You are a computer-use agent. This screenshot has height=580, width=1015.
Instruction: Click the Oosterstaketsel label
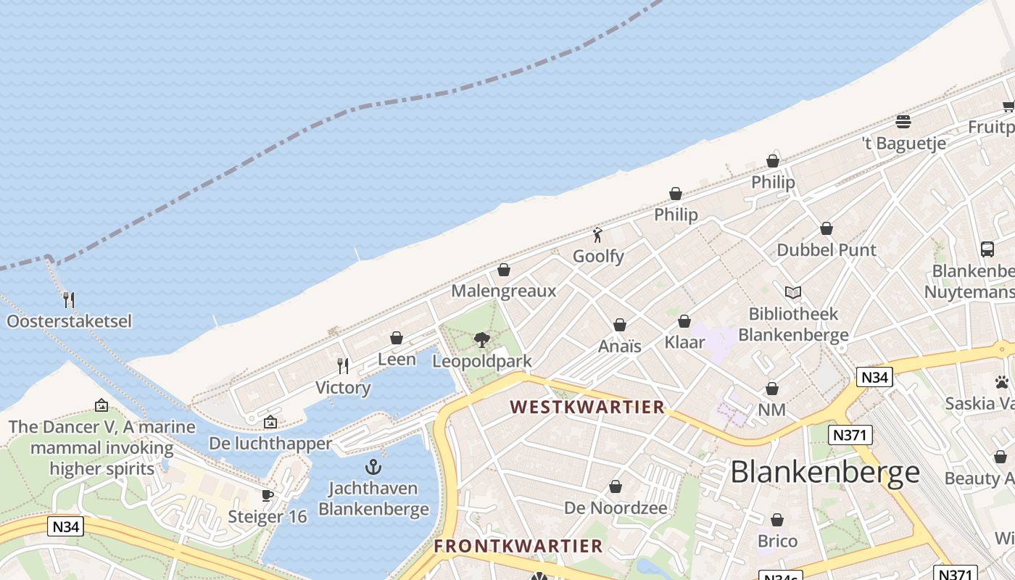click(70, 320)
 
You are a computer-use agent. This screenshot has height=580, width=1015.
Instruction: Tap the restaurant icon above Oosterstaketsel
click(69, 299)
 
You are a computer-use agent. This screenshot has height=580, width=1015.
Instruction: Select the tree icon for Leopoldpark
click(481, 339)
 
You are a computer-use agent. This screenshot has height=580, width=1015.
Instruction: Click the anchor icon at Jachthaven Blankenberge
click(373, 466)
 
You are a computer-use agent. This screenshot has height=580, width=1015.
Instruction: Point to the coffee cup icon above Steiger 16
click(268, 495)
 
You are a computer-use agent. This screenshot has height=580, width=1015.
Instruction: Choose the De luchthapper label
click(270, 443)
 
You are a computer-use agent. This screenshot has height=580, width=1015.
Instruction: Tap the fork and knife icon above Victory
click(343, 365)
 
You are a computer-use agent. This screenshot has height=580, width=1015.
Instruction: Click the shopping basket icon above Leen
click(397, 338)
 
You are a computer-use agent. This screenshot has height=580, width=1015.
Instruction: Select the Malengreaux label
click(504, 291)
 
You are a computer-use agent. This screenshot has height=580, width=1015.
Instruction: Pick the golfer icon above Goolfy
click(598, 235)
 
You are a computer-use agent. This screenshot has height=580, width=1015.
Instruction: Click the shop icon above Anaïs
click(620, 325)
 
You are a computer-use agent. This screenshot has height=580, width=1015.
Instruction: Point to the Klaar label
click(684, 342)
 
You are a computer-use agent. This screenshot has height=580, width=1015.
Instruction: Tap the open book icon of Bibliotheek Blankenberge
click(793, 293)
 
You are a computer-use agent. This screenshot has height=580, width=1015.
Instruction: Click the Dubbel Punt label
click(826, 250)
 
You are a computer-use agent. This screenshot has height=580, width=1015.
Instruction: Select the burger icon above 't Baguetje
click(903, 121)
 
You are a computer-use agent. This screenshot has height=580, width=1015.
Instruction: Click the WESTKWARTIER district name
click(587, 407)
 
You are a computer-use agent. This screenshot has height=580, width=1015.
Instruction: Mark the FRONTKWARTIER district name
click(518, 546)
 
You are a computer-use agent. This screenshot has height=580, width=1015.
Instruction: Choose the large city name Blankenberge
click(825, 473)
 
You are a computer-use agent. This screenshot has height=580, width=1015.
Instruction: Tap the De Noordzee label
click(616, 508)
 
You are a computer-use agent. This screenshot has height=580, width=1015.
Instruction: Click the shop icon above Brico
click(777, 520)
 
